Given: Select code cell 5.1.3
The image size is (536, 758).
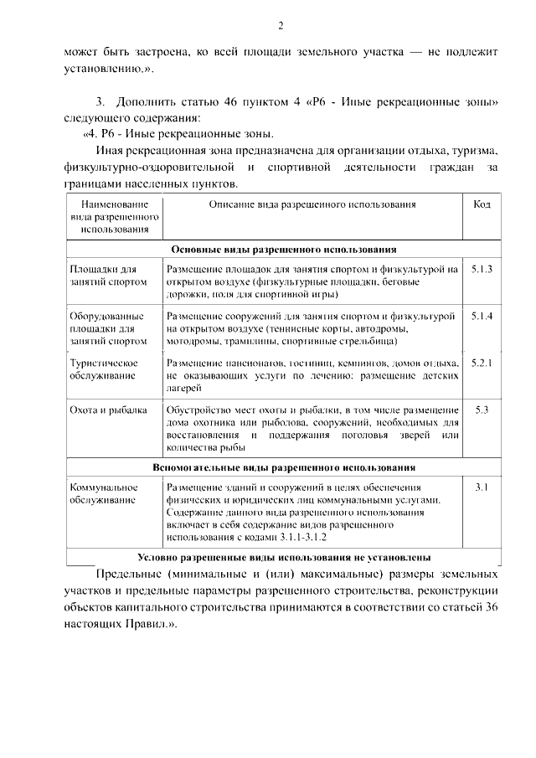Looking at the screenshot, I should tap(481, 270).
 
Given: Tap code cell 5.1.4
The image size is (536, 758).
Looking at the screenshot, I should tap(481, 317).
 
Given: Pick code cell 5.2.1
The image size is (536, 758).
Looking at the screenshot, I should tap(481, 363).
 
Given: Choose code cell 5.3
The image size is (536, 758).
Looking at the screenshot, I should tap(481, 410).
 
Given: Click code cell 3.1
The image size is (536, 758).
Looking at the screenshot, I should tap(481, 487).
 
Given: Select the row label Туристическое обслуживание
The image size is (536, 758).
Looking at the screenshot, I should tap(103, 369).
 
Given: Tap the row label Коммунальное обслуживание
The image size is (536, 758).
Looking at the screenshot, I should tap(103, 493).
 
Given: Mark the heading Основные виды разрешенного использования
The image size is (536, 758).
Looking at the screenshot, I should tap(283, 250).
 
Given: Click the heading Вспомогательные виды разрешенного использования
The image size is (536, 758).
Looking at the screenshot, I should tap(283, 467).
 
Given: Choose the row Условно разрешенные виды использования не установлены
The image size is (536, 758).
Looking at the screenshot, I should tap(283, 557).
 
